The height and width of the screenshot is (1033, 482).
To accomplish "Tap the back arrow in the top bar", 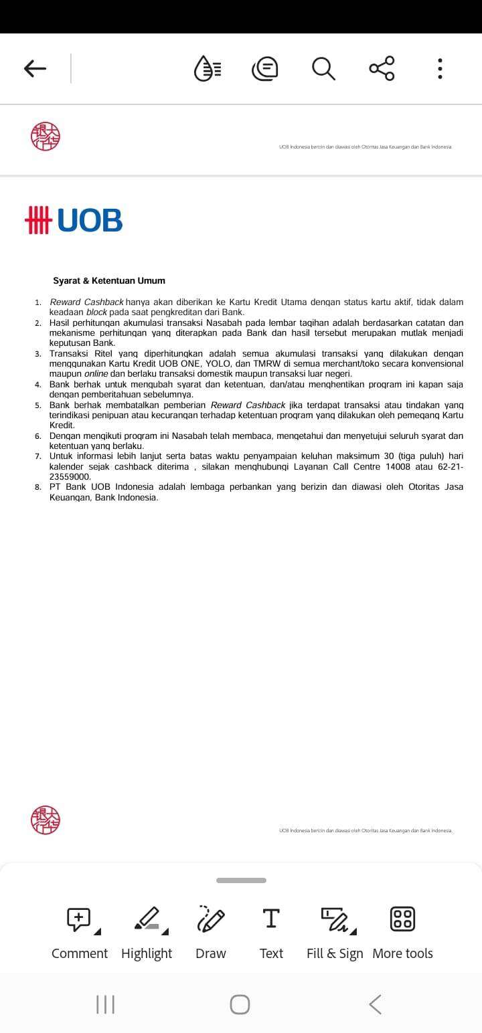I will coord(35,68).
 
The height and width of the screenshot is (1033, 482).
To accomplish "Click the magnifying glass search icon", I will coord(323,68).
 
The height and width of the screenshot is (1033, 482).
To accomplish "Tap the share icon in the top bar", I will coord(382,68).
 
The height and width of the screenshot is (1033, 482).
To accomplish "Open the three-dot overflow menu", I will coord(440,68).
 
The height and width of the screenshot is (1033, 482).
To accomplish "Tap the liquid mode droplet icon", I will coord(207,68).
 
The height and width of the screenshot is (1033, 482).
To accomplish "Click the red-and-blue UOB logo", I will coord(74,220).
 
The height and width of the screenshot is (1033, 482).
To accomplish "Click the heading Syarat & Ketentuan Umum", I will coord(109,281).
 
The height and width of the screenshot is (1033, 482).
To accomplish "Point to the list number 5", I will coord(38,405).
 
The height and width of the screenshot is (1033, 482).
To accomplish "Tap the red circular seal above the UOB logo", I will coord(46,136).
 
